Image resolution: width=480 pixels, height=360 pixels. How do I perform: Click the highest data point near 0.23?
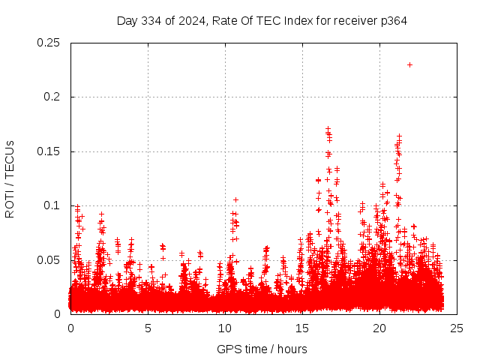tap(409, 64)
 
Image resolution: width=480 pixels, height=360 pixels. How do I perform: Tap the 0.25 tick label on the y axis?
tap(49, 43)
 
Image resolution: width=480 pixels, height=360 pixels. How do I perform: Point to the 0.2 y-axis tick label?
tap(53, 97)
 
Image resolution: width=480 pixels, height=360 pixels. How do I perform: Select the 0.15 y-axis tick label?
tap(49, 151)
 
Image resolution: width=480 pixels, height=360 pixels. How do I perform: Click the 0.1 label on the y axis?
tap(53, 205)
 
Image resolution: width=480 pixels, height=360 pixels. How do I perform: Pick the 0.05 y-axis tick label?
tap(49, 259)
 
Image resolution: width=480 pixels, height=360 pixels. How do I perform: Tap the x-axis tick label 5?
tap(148, 328)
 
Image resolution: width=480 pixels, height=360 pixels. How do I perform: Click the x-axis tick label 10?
tap(225, 328)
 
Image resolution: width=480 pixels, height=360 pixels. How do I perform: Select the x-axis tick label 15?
tap(302, 328)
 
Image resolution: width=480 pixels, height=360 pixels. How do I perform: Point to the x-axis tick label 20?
tap(379, 328)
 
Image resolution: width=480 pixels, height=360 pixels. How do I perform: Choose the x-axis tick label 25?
tap(457, 328)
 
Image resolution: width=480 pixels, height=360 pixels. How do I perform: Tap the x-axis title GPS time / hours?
tap(262, 349)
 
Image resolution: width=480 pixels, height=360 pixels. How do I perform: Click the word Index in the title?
tap(298, 20)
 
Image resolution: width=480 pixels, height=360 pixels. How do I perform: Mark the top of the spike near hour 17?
tap(328, 129)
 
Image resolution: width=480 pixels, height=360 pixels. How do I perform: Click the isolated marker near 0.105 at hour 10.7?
tap(235, 199)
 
